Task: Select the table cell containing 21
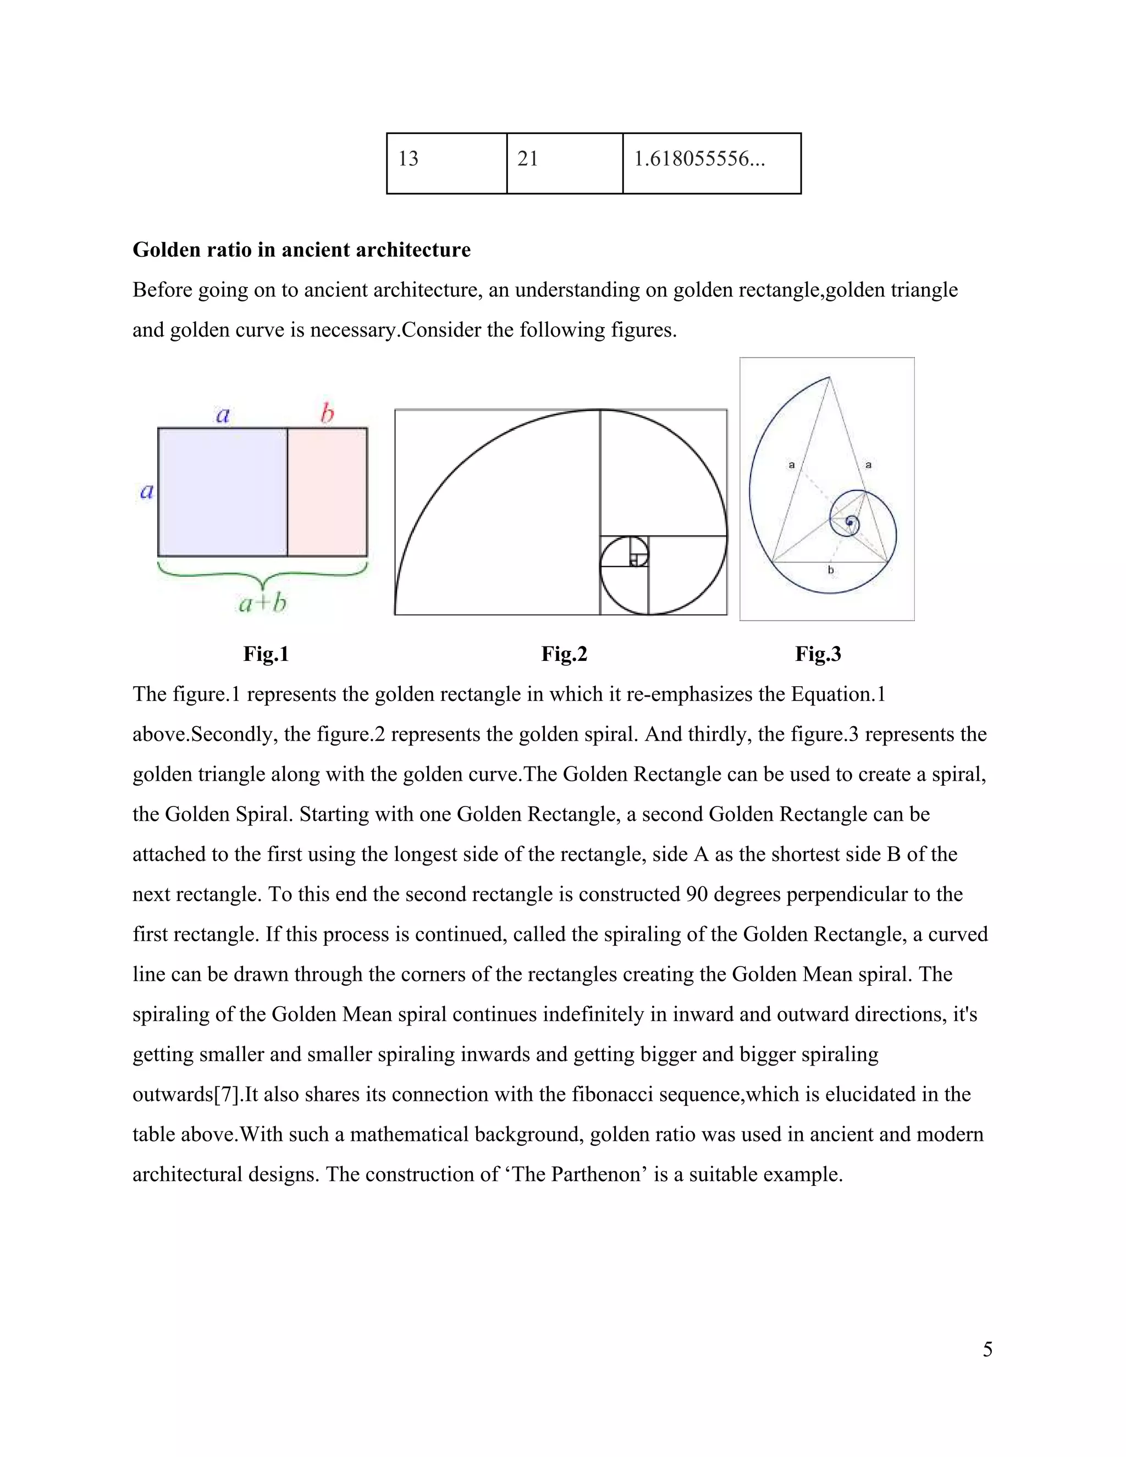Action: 564,163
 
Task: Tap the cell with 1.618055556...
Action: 711,163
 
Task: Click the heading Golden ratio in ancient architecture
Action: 301,250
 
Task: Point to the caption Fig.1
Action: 266,654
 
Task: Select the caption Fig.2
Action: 564,654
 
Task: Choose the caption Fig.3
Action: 818,654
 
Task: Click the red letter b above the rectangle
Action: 327,415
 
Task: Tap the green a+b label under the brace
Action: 263,603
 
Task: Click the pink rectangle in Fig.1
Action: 327,492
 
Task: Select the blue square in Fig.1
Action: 222,492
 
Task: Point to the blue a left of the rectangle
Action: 147,492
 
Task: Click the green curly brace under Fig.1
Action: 263,573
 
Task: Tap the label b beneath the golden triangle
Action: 831,570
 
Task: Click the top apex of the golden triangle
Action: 829,378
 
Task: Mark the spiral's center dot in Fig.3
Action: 849,522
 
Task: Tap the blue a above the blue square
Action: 223,415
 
